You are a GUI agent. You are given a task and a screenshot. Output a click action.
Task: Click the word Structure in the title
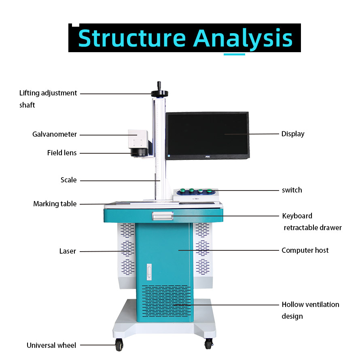pos(131,38)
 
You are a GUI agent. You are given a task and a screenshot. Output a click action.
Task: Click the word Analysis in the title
pos(243,38)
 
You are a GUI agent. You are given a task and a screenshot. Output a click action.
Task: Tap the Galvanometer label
pos(55,134)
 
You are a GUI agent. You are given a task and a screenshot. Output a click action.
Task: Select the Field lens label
pos(62,153)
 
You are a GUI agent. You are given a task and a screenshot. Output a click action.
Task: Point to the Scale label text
pos(68,180)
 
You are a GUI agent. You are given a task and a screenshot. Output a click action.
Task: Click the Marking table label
pos(55,204)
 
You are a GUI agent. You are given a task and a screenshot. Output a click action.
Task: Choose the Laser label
pos(68,251)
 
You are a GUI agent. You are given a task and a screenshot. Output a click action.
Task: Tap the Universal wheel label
pos(51,345)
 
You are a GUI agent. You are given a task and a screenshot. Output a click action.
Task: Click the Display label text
pos(293,134)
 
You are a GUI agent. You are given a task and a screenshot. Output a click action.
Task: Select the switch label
pos(292,190)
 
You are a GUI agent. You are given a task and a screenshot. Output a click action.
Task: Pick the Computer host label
pos(305,250)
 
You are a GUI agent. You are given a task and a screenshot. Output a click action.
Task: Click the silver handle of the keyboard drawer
pos(163,216)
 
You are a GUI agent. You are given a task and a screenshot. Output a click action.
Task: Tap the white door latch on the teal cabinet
pos(149,272)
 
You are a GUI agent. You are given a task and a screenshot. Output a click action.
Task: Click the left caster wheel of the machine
pos(119,345)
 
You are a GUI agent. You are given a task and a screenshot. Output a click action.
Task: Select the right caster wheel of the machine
pos(208,344)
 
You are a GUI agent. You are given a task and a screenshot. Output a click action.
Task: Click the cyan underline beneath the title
pos(234,54)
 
